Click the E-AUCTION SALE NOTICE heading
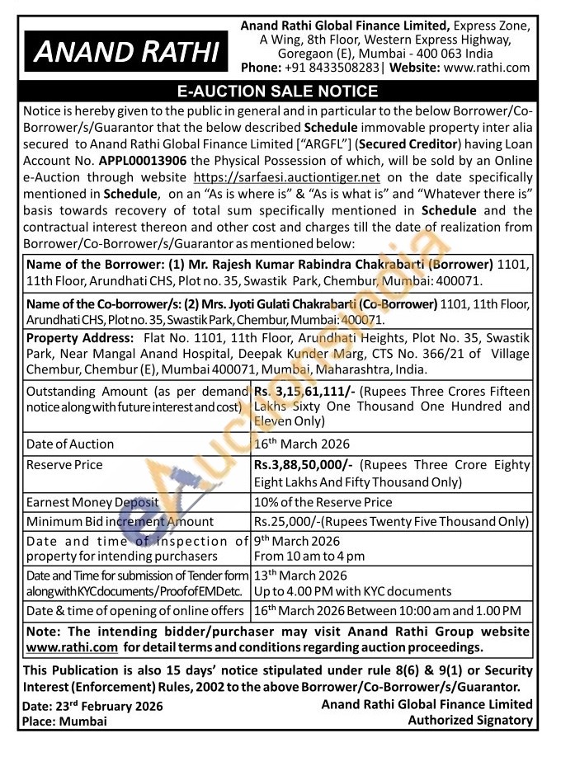(x=279, y=91)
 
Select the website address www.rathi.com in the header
(x=487, y=68)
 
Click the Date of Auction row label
(x=70, y=444)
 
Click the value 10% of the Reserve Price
(x=323, y=501)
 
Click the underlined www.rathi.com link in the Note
(x=71, y=647)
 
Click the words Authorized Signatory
(x=470, y=720)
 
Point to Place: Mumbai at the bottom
(x=65, y=721)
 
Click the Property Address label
(x=79, y=338)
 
